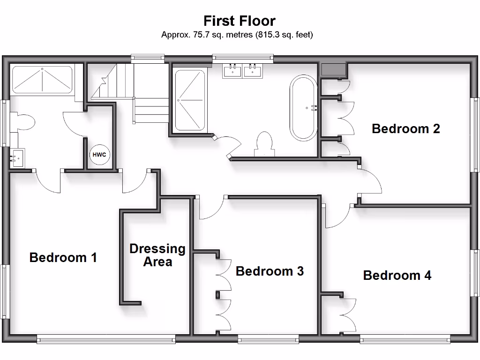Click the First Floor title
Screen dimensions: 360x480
pos(239,21)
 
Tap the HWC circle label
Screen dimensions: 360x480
pos(99,155)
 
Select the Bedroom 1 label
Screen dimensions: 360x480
pos(63,257)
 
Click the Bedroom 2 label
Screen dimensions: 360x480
pos(405,128)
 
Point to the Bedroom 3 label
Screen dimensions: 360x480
pos(270,271)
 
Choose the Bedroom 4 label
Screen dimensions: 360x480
pos(397,275)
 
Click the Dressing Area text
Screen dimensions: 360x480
pos(157,255)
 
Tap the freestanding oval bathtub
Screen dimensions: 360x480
pos(304,108)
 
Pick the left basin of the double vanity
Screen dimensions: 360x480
pos(232,71)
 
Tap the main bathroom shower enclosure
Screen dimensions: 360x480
pos(190,100)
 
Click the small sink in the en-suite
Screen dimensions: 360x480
pos(17,157)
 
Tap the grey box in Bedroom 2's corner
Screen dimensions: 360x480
pos(333,69)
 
